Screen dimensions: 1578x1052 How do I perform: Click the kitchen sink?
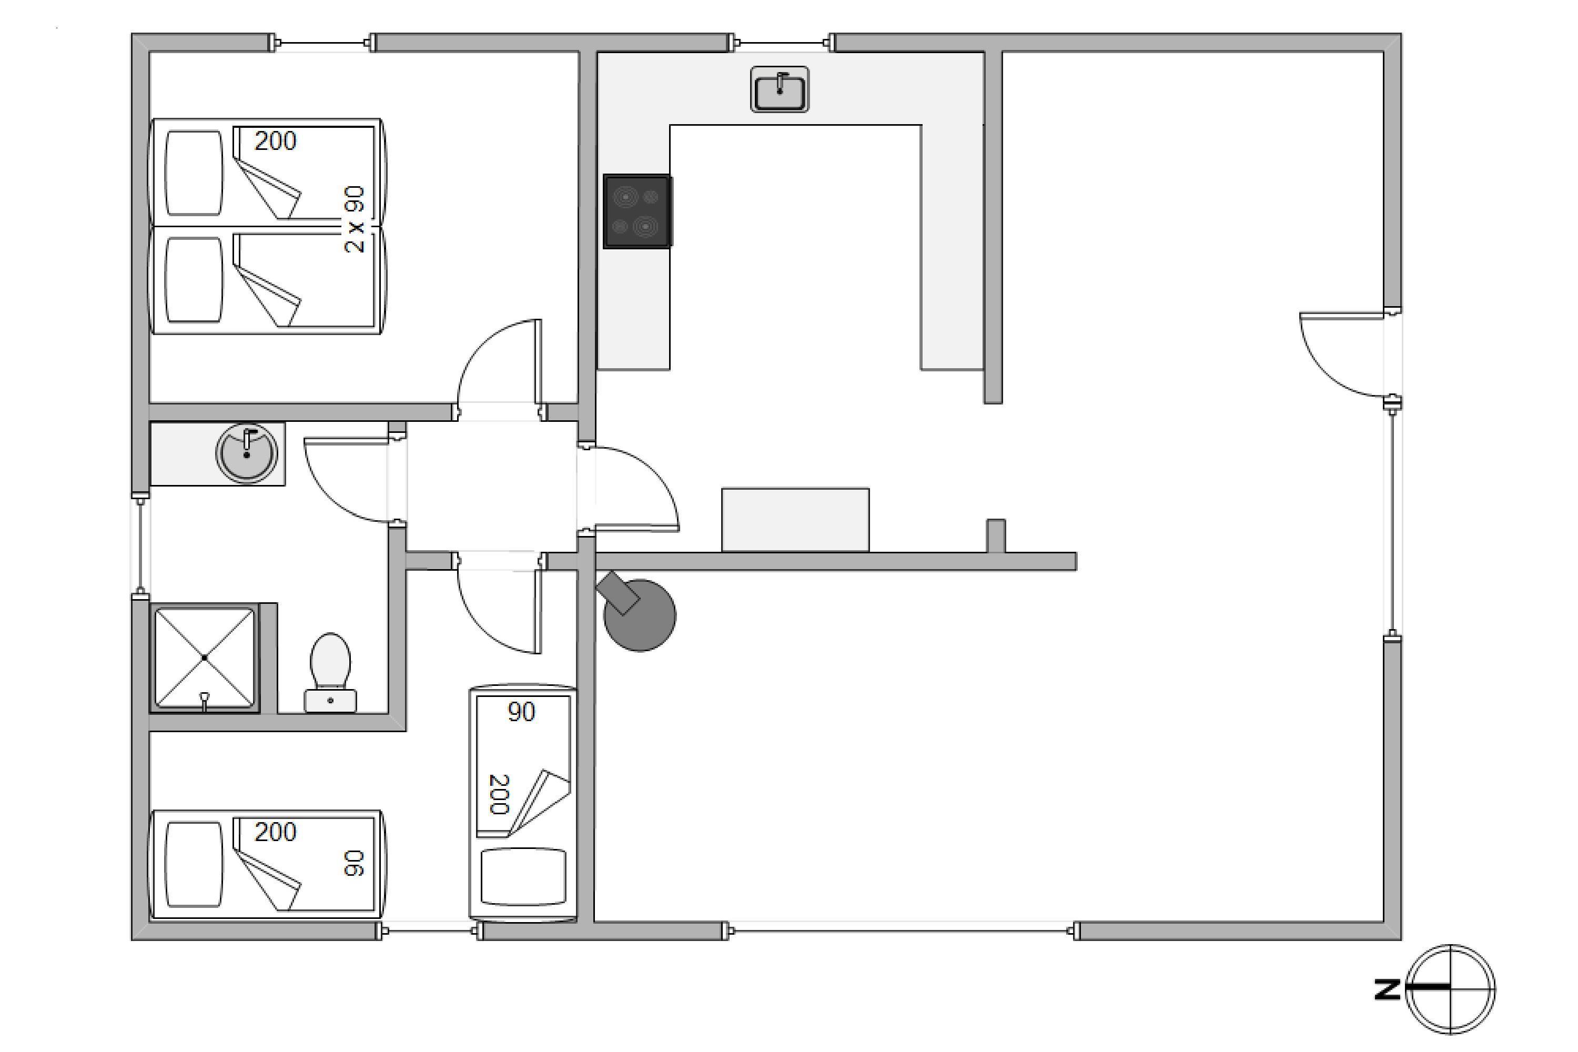[779, 89]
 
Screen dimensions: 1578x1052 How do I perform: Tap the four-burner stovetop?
[636, 211]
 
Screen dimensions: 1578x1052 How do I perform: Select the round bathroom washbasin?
[246, 453]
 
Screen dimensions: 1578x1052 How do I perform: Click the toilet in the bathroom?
[330, 672]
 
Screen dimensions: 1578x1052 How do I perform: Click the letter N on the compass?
[1387, 989]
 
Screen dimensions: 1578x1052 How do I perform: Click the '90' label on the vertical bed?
[521, 712]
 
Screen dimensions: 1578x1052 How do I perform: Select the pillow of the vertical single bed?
[523, 877]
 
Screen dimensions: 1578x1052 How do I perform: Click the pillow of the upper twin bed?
[194, 173]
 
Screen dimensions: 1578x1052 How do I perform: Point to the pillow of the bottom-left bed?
[194, 865]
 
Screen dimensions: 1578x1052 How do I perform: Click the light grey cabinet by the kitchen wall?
[795, 520]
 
